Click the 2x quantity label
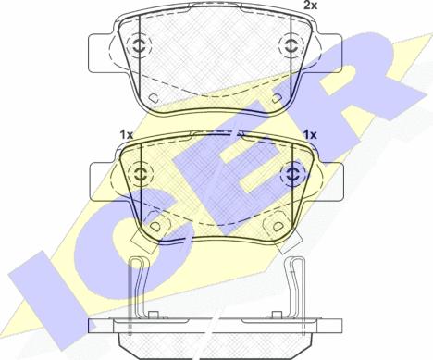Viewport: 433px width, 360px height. [312, 6]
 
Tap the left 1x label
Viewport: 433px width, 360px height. [127, 135]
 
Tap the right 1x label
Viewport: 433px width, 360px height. [310, 135]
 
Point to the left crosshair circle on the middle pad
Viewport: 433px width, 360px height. [140, 172]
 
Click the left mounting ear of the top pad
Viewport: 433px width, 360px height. [100, 46]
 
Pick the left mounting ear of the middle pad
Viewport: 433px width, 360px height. [100, 174]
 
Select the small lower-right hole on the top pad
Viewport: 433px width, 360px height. [274, 96]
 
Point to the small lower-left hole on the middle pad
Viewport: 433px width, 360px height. [158, 225]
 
